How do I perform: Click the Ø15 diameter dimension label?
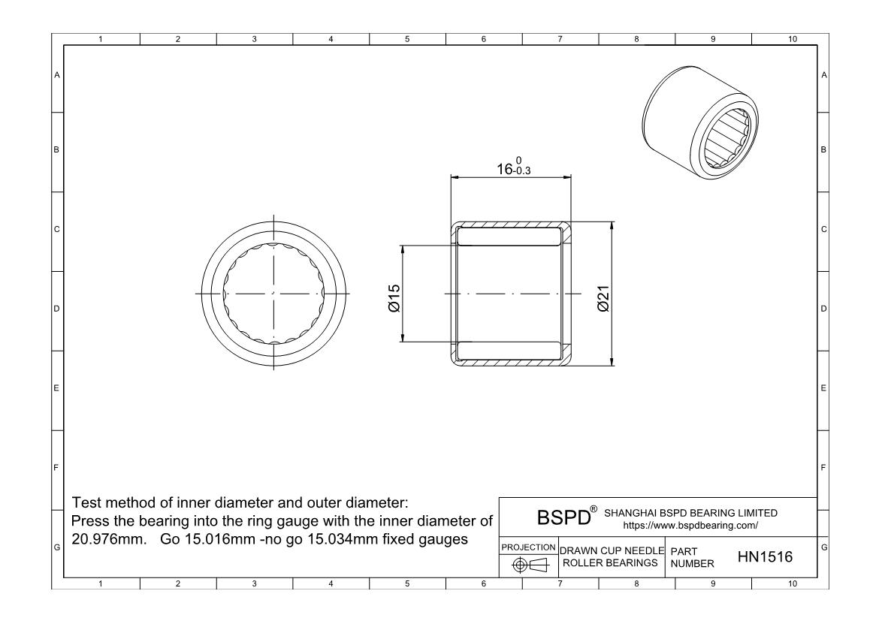point(394,298)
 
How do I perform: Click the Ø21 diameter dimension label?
point(603,298)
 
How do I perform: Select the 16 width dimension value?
point(505,169)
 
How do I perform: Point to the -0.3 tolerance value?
point(522,171)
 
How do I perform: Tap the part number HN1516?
point(765,556)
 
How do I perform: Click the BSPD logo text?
point(563,517)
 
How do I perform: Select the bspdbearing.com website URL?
point(690,526)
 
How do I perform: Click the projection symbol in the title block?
point(530,565)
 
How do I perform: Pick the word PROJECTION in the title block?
point(528,547)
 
